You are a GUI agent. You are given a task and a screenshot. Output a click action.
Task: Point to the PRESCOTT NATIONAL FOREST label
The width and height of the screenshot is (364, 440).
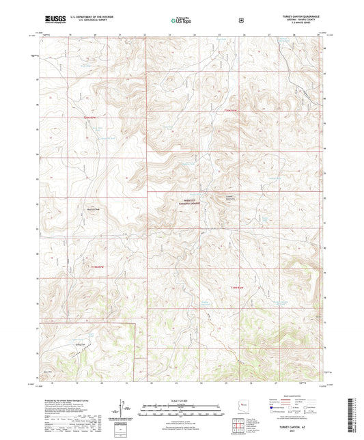click(185, 201)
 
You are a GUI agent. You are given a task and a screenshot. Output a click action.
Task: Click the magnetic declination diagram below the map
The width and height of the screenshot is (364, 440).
click(125, 412)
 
